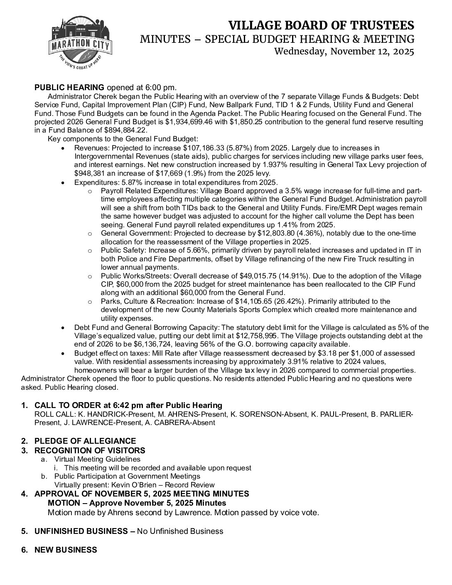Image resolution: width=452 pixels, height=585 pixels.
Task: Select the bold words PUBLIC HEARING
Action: (69, 87)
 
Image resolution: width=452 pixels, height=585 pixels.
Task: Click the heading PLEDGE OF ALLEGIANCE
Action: (85, 441)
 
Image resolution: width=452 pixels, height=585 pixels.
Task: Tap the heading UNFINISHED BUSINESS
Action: (81, 531)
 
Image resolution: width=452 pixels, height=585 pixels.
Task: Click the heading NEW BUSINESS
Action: (66, 550)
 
